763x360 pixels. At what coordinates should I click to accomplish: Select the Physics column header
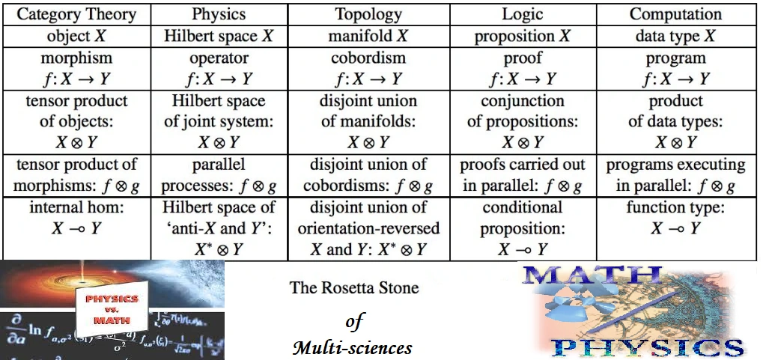point(219,14)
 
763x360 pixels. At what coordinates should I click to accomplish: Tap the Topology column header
point(368,14)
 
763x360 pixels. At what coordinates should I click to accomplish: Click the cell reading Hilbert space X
point(219,36)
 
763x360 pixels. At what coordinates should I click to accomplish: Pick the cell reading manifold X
point(368,36)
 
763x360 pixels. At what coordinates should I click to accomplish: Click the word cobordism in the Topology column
point(368,58)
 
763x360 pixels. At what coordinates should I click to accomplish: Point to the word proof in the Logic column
point(521,58)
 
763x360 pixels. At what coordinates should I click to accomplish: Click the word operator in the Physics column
point(219,58)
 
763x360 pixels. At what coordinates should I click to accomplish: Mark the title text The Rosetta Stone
point(353,287)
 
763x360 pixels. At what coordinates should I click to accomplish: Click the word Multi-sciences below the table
point(352,347)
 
